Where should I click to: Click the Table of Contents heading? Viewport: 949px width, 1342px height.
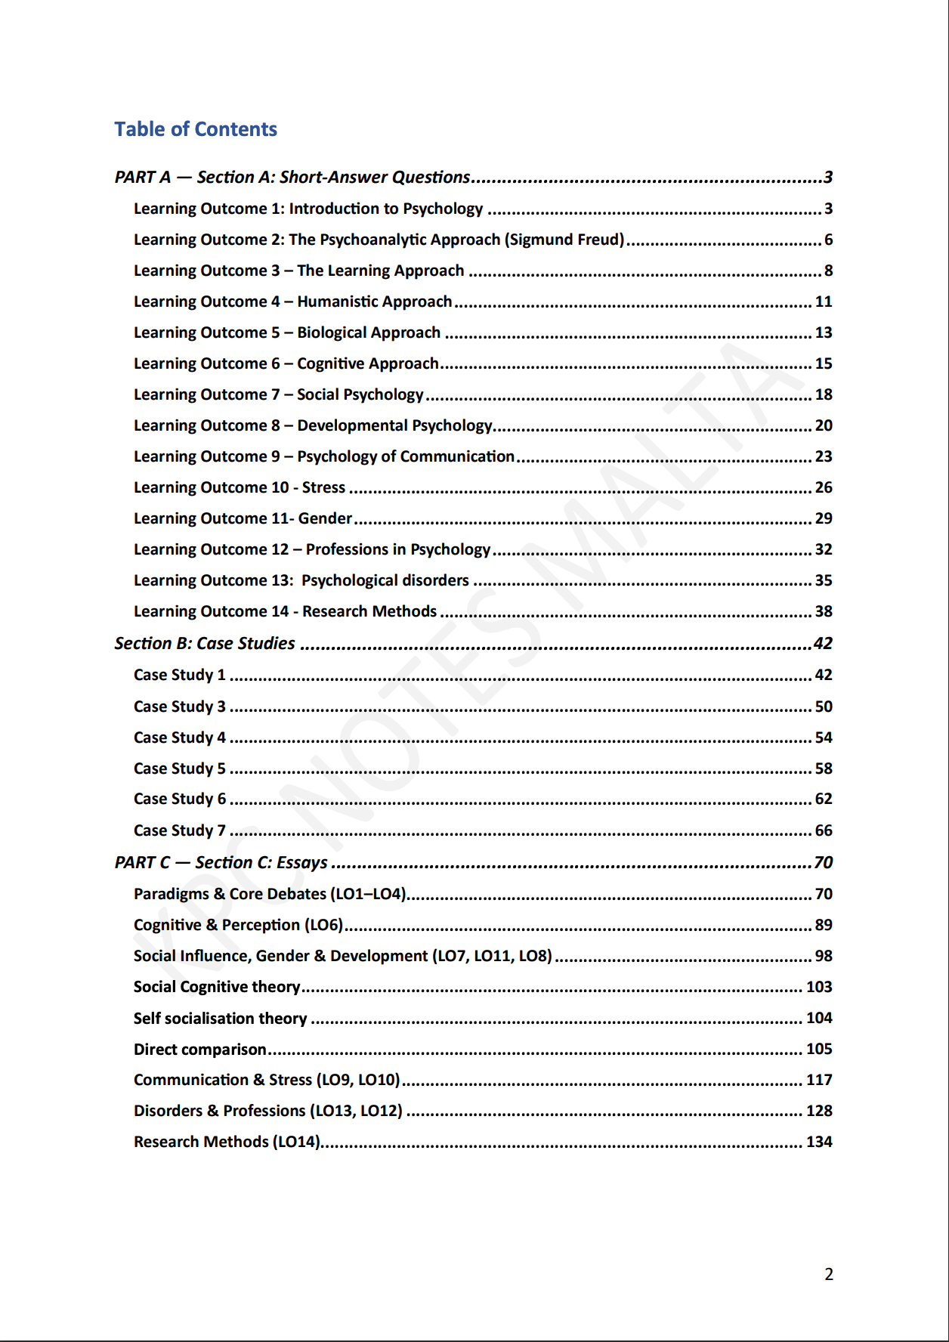(196, 129)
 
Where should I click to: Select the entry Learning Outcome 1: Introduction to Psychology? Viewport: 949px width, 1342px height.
(308, 209)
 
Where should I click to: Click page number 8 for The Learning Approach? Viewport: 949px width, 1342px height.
(828, 271)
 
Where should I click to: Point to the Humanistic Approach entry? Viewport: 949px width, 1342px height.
(374, 301)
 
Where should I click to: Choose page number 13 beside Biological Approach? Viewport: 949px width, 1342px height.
(823, 332)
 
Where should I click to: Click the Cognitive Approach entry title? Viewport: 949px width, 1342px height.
(367, 363)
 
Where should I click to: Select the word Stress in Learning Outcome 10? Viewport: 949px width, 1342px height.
(323, 487)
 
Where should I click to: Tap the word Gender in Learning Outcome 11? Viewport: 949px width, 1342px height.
(325, 518)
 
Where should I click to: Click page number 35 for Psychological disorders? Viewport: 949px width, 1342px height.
(823, 580)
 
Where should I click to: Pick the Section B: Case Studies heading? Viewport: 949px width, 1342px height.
(205, 643)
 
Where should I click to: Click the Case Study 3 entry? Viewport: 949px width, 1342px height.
(180, 707)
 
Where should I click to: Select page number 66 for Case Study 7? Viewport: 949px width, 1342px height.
(823, 830)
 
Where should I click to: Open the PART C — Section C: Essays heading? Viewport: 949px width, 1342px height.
(221, 862)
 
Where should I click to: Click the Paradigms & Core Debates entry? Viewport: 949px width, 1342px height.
(270, 894)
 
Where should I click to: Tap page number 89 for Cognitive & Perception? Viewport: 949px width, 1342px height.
(823, 925)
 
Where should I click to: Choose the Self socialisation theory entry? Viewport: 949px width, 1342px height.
(220, 1018)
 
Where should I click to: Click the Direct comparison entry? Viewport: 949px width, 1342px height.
(199, 1049)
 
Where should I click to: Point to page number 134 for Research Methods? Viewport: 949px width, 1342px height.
(819, 1142)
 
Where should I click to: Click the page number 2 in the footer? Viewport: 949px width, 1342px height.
(829, 1274)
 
